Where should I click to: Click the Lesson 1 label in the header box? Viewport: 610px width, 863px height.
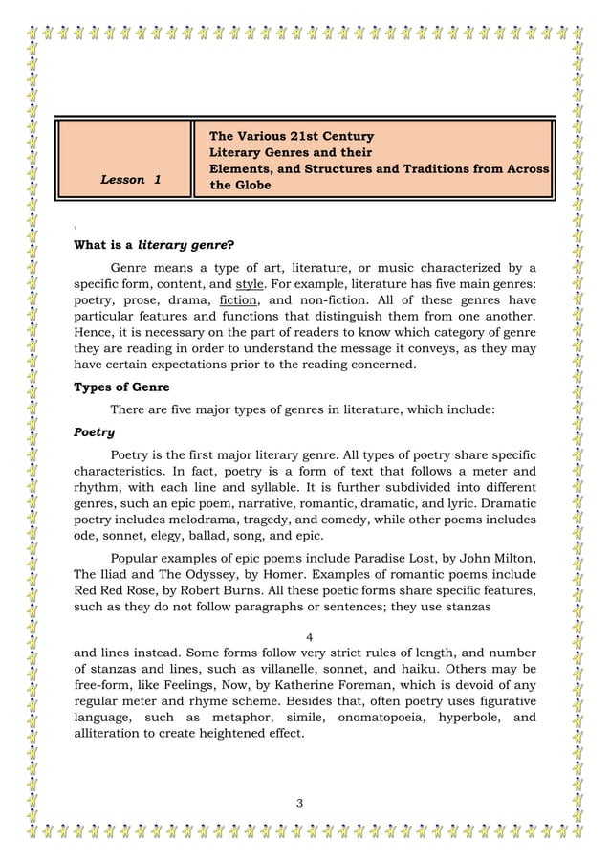131,180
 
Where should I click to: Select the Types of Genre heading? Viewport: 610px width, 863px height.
121,387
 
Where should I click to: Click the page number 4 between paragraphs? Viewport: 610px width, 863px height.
307,638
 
